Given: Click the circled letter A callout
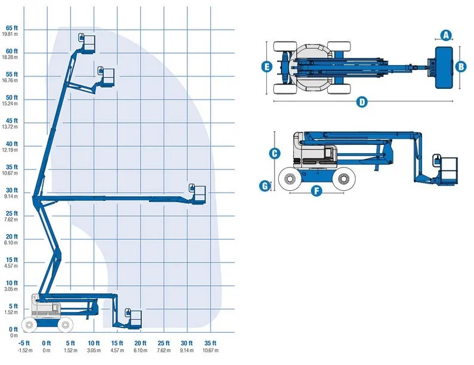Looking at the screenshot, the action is (446, 35).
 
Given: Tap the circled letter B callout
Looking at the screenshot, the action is (461, 66).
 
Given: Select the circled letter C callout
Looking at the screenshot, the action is (275, 153).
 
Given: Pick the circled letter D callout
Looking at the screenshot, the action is (362, 102).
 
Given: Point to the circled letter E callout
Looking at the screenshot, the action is (267, 66).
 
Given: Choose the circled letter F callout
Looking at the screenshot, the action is (316, 191).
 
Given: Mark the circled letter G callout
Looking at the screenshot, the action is (265, 185).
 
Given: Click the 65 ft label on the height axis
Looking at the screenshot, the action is (12, 28).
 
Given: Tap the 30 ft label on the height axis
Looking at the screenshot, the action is (12, 190).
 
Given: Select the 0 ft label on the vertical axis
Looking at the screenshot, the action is (13, 329).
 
